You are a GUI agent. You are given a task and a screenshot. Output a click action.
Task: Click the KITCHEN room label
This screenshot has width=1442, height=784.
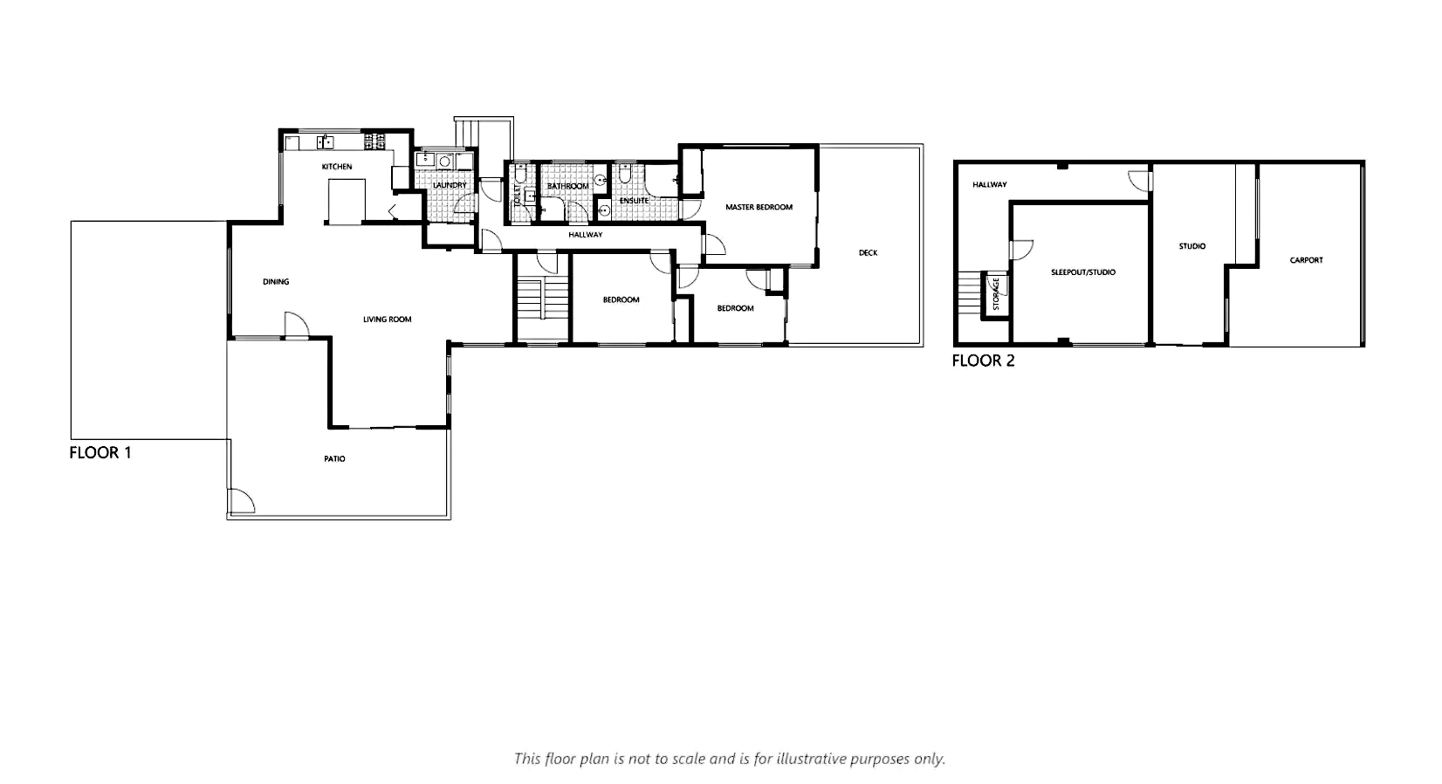[337, 167]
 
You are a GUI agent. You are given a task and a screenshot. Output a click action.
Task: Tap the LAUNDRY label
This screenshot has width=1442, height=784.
[450, 185]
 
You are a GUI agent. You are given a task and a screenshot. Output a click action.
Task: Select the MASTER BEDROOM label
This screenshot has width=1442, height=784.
[759, 207]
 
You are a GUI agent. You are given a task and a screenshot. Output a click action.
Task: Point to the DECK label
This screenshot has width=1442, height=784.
[868, 253]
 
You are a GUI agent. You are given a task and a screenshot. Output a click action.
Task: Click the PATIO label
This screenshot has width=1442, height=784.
[335, 459]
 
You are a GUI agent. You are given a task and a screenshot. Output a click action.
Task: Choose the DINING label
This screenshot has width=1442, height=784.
[276, 282]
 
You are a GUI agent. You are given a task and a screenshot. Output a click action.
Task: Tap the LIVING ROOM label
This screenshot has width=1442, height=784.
[387, 320]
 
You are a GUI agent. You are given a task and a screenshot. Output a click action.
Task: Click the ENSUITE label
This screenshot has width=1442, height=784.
[634, 201]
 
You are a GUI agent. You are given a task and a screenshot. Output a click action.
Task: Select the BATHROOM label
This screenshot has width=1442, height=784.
[567, 187]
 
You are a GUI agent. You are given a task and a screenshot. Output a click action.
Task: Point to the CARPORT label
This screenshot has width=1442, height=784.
[1306, 261]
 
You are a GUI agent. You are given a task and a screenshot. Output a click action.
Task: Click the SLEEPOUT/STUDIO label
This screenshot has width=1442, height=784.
[1083, 272]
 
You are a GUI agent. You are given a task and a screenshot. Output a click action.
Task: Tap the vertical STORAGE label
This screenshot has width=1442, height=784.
[996, 294]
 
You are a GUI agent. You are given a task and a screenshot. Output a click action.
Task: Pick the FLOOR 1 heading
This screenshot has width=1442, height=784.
[100, 453]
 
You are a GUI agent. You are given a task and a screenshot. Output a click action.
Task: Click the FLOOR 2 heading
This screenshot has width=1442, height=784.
[983, 361]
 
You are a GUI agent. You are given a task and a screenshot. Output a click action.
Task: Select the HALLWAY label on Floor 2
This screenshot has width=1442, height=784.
[990, 185]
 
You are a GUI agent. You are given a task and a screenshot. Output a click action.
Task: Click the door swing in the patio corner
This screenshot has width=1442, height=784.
[242, 501]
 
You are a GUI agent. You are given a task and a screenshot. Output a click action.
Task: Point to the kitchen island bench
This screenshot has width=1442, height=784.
[347, 203]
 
